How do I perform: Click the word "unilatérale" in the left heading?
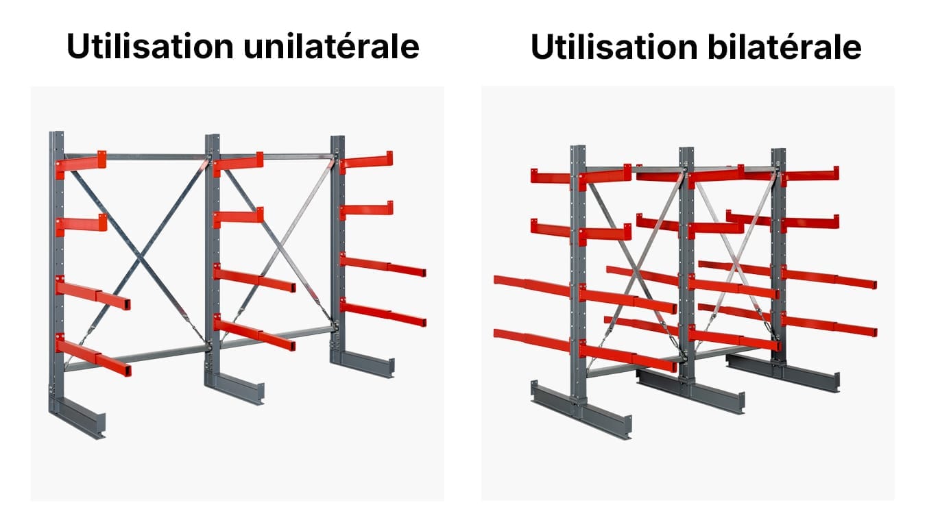pyautogui.click(x=331, y=46)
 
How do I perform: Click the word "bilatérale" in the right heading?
pyautogui.click(x=784, y=47)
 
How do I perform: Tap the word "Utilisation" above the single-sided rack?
pyautogui.click(x=150, y=46)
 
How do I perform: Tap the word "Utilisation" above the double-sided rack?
pyautogui.click(x=614, y=47)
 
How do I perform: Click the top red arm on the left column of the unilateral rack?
pyautogui.click(x=81, y=164)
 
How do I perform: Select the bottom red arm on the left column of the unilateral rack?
pyautogui.click(x=93, y=355)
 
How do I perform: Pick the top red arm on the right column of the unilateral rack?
pyautogui.click(x=366, y=162)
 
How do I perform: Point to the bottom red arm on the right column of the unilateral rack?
pyautogui.click(x=383, y=313)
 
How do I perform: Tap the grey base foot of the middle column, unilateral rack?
pyautogui.click(x=234, y=388)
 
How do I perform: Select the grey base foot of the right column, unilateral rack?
pyautogui.click(x=363, y=363)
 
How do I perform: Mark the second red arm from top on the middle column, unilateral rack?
pyautogui.click(x=239, y=217)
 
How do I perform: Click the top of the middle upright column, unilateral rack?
pyautogui.click(x=213, y=136)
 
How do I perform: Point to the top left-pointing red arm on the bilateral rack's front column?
pyautogui.click(x=551, y=176)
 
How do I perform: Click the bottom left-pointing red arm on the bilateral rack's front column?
pyautogui.click(x=532, y=340)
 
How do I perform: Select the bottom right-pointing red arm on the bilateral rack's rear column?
pyautogui.click(x=830, y=324)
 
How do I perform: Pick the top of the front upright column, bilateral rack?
pyautogui.click(x=578, y=147)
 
